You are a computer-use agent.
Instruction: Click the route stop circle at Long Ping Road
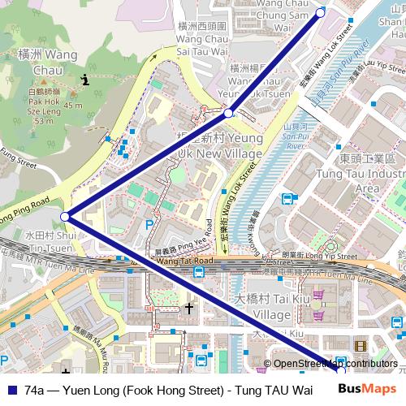(x=65, y=217)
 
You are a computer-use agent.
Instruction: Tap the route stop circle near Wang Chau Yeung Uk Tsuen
(x=230, y=113)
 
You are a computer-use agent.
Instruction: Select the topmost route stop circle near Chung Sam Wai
(x=320, y=13)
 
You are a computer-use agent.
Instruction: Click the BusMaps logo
(x=369, y=390)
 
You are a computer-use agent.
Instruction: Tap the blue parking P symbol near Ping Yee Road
(x=149, y=224)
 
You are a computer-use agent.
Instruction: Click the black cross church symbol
(x=189, y=309)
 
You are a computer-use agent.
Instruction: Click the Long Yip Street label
(x=329, y=256)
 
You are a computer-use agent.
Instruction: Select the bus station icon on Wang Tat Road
(x=199, y=271)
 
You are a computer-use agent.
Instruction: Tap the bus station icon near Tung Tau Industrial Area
(x=287, y=199)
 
